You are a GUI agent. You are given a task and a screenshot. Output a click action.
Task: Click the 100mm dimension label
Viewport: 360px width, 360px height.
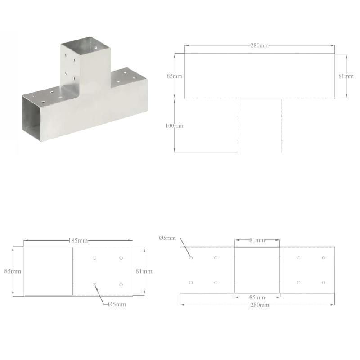point(174,126)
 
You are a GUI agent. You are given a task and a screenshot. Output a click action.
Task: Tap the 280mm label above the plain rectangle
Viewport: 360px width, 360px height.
point(259,46)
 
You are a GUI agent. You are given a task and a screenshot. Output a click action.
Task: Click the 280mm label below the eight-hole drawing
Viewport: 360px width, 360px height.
point(257,305)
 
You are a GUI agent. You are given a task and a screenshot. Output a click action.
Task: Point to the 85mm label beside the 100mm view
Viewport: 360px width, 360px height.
point(174,76)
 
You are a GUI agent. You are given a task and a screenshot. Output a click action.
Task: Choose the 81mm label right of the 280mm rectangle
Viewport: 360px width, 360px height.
point(346,76)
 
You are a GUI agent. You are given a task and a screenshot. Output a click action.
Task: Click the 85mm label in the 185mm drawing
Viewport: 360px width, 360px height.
point(13,271)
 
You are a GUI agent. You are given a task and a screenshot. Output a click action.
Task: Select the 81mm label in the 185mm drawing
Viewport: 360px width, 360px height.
point(144,271)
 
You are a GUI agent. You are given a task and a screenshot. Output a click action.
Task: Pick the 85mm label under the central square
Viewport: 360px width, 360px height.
point(257,297)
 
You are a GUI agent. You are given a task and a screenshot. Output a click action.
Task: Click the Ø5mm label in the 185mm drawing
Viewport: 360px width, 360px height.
point(117,304)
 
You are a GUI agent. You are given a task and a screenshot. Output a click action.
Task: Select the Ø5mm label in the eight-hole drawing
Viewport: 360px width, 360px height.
point(167,238)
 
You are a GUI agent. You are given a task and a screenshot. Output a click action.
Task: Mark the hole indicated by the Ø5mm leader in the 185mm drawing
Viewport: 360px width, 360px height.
point(94,284)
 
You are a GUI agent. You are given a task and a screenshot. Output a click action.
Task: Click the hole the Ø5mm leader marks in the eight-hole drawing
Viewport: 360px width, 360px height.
point(191,258)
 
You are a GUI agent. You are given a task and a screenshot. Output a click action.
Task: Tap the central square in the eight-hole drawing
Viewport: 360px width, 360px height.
point(257,270)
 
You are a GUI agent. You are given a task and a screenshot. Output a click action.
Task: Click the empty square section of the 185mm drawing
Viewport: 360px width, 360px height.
point(48,271)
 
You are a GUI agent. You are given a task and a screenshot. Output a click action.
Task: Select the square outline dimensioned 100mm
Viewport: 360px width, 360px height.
point(206,126)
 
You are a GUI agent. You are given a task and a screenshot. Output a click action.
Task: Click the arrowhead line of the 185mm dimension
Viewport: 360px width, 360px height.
point(49,241)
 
